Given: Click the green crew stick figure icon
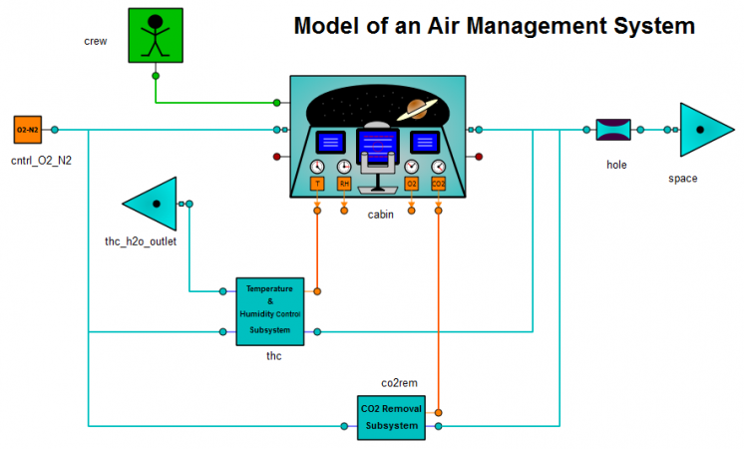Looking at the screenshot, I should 157,37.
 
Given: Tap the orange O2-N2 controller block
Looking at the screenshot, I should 27,130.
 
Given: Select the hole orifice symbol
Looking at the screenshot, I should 613,130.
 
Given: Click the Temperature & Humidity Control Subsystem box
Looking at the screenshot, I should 269,311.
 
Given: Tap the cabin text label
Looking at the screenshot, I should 382,215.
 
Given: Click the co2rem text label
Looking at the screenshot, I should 399,382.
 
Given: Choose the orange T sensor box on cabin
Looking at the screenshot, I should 317,184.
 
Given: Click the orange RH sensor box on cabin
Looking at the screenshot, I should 344,184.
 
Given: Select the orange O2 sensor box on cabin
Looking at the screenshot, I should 411,184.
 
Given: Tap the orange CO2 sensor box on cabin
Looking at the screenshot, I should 438,184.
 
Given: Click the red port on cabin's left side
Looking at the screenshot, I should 277,157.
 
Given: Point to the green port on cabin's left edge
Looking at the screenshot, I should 277,102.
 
